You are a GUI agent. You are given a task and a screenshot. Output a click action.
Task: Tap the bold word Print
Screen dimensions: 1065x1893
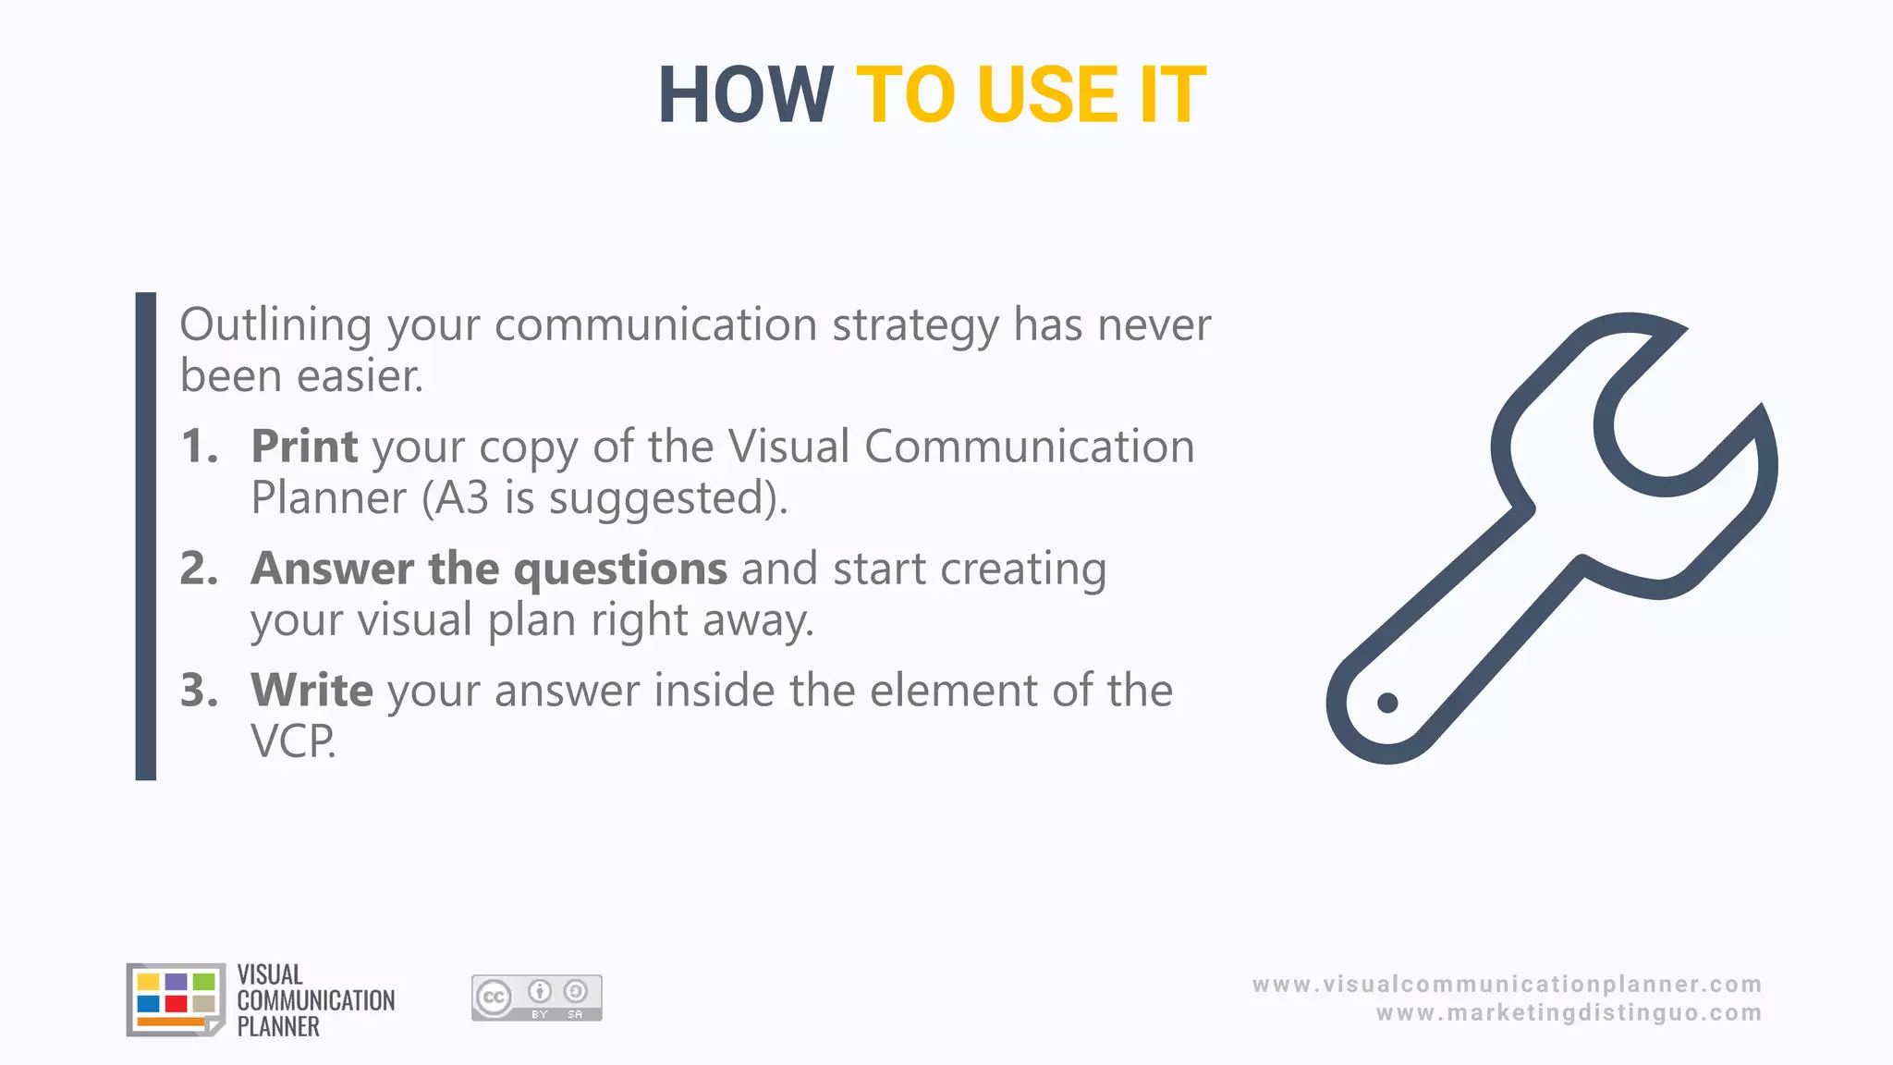pyautogui.click(x=304, y=447)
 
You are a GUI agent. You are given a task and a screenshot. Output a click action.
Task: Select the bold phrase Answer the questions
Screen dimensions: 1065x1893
pyautogui.click(x=489, y=569)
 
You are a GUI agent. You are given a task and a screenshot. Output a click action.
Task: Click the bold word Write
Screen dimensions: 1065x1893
pyautogui.click(x=311, y=691)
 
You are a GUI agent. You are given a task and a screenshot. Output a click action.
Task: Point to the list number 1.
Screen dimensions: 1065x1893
pyautogui.click(x=199, y=447)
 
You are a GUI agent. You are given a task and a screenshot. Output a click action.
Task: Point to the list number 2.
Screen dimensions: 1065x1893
pyautogui.click(x=199, y=569)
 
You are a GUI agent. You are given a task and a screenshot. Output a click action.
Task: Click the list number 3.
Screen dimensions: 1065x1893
pyautogui.click(x=199, y=691)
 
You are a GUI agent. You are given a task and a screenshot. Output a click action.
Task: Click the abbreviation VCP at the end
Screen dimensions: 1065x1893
pyautogui.click(x=292, y=741)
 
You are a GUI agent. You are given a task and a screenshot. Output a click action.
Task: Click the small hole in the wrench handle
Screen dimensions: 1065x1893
pyautogui.click(x=1387, y=704)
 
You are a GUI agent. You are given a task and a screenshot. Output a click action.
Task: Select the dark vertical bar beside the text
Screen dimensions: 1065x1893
pyautogui.click(x=146, y=536)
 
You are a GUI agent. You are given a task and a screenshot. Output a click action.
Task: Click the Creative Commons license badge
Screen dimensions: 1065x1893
pyautogui.click(x=536, y=998)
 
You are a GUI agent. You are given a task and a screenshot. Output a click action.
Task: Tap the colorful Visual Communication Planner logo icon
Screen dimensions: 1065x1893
pyautogui.click(x=176, y=999)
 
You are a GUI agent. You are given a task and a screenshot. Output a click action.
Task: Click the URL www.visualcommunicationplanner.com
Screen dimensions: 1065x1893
pyautogui.click(x=1507, y=985)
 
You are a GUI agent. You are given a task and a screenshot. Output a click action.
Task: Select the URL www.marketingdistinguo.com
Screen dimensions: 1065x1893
pyautogui.click(x=1569, y=1013)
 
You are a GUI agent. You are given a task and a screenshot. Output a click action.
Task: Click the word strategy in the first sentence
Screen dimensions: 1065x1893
pyautogui.click(x=915, y=326)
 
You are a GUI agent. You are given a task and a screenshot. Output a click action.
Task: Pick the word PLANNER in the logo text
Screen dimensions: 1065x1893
pyautogui.click(x=278, y=1027)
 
